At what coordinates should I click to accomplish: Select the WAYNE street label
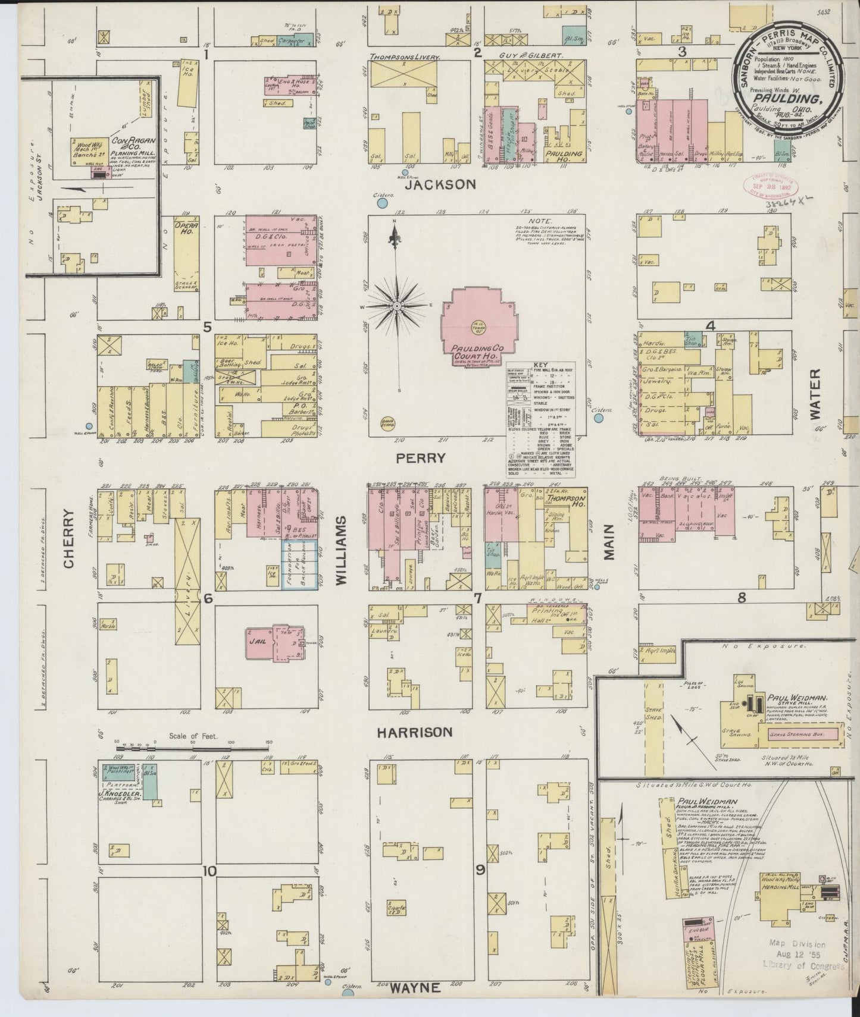(415, 988)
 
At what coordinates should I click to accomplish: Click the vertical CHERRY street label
(70, 539)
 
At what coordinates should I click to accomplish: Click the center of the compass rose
(396, 306)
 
